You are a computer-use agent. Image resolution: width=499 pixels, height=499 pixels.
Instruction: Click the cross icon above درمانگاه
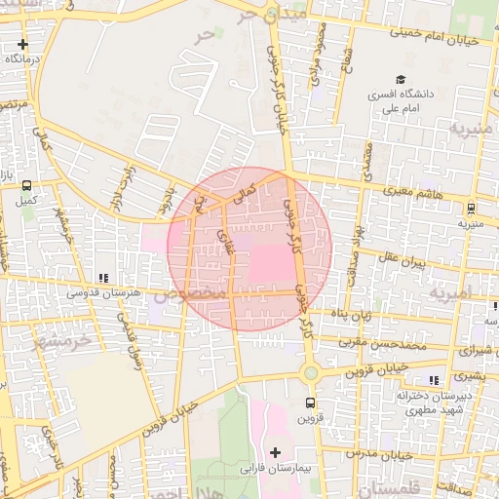[22, 44]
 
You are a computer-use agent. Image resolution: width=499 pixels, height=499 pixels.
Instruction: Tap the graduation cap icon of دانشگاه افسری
[400, 80]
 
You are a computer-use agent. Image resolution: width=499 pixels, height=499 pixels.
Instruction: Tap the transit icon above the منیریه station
[471, 208]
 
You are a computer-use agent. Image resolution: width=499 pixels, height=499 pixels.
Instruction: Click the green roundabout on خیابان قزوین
[311, 372]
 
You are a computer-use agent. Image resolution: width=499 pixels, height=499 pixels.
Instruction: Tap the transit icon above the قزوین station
[310, 403]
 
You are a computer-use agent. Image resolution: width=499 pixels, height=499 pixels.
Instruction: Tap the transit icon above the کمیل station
[26, 185]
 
